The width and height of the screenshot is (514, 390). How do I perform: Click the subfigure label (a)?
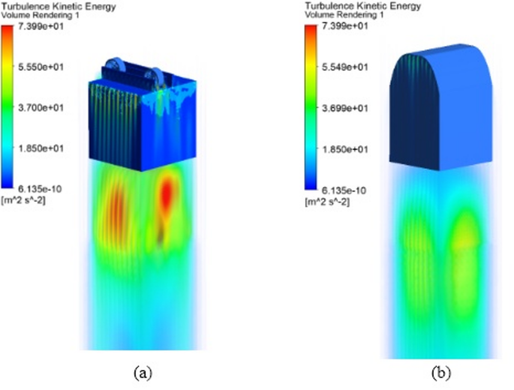(x=140, y=372)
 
